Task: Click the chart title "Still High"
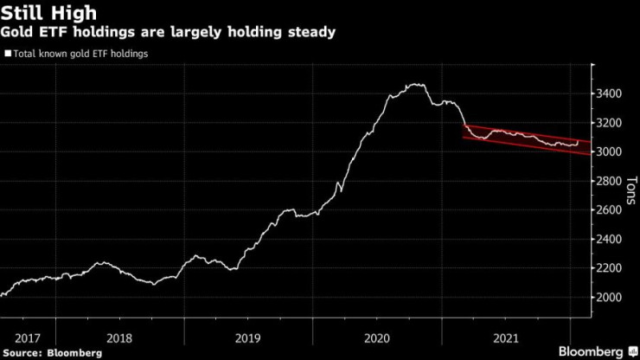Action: click(x=48, y=13)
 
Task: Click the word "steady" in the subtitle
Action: click(x=312, y=32)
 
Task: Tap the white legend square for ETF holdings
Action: click(x=8, y=54)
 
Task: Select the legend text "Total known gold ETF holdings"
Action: click(x=80, y=54)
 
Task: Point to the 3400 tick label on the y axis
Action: click(x=609, y=93)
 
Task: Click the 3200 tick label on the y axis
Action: click(x=609, y=123)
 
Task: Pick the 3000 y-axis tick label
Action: click(x=609, y=151)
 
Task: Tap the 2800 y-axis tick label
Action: click(x=609, y=181)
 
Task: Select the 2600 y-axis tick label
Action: click(x=609, y=209)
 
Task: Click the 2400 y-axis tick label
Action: click(x=609, y=239)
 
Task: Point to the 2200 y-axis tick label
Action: click(x=609, y=268)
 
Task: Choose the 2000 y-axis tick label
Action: click(x=609, y=297)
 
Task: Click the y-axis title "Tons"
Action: click(x=631, y=190)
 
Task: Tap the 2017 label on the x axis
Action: click(x=28, y=338)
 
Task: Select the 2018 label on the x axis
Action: click(x=119, y=338)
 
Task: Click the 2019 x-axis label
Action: click(x=247, y=338)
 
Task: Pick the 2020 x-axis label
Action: click(x=377, y=338)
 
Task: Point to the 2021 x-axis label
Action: click(x=506, y=338)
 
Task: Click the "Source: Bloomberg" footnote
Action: click(x=52, y=353)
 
